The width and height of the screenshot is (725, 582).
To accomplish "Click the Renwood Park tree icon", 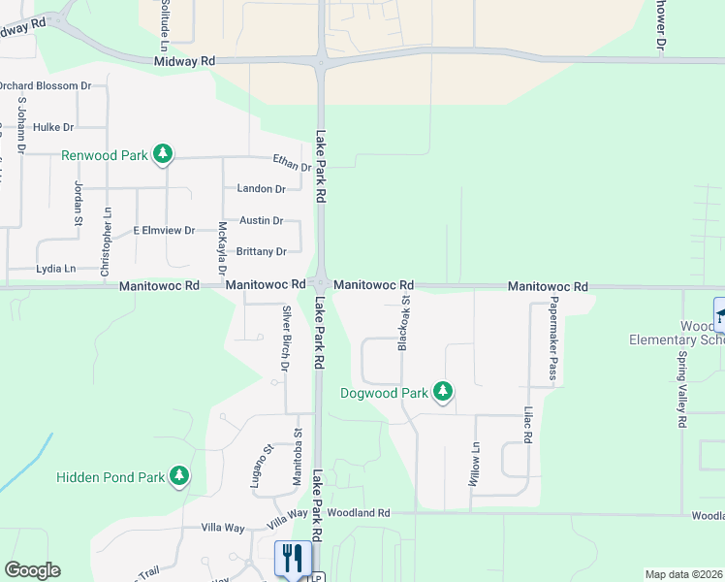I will tap(164, 154).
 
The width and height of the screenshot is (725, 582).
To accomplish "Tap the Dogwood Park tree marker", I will tap(443, 392).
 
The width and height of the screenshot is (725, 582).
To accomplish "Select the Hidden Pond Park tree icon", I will tap(178, 475).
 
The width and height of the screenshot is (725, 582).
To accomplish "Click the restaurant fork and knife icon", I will tap(293, 559).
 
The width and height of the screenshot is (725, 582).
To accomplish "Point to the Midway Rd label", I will tap(184, 61).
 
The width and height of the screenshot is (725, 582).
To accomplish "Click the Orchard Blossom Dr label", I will tap(45, 85).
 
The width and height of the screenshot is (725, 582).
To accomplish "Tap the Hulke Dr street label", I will tap(52, 127).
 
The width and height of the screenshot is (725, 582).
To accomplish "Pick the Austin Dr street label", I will tap(261, 221).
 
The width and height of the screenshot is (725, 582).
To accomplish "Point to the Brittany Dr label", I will tap(263, 252).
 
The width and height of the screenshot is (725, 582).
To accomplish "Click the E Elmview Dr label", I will tap(164, 231).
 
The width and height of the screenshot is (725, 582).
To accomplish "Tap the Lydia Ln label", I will tap(55, 269).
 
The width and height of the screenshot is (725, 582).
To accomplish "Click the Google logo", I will tap(32, 570).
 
